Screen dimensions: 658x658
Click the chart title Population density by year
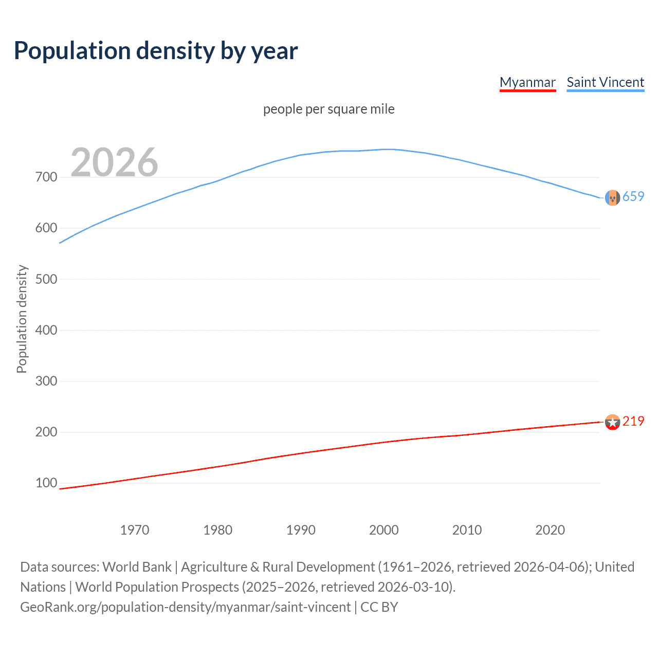[156, 51]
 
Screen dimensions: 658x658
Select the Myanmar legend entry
[527, 82]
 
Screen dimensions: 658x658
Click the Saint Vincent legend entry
[605, 82]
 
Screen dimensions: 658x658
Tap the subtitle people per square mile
[328, 109]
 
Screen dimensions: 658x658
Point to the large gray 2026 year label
[114, 162]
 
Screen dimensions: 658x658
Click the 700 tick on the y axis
[46, 177]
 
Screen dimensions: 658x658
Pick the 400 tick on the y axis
[46, 330]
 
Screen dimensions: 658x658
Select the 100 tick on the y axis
[46, 483]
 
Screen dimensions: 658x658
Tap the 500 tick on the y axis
[46, 279]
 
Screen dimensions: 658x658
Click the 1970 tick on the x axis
[135, 530]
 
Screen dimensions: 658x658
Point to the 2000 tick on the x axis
[384, 530]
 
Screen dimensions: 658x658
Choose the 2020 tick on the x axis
[550, 530]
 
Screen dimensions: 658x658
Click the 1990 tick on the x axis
[301, 530]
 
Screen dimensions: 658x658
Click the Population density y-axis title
[22, 319]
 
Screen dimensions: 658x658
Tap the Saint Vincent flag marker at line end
[612, 197]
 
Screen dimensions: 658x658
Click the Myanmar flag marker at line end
[612, 422]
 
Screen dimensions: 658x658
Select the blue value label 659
[633, 196]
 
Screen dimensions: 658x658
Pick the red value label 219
[633, 421]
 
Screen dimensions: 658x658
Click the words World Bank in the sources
[137, 567]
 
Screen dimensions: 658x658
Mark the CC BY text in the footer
[379, 607]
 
